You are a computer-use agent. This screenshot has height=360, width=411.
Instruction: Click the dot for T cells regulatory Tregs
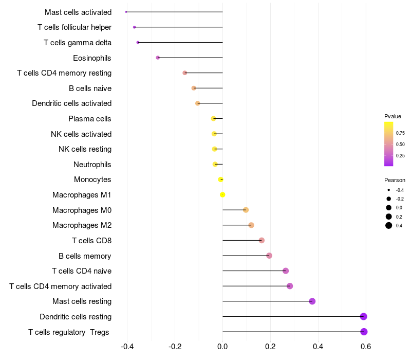coord(364,332)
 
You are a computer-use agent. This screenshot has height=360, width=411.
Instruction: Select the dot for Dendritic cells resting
coord(364,316)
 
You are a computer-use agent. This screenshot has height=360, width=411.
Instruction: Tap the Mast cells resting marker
coord(312,301)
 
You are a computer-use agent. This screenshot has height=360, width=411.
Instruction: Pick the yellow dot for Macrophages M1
coord(222,194)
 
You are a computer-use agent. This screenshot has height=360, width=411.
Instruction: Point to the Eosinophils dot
coord(158,58)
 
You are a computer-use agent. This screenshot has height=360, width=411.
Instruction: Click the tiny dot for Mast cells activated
coord(126,12)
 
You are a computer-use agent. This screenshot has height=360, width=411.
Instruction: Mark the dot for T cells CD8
coord(261,240)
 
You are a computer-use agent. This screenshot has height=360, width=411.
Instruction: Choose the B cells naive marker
coord(194,88)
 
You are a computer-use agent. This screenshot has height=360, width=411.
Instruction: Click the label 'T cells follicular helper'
coord(74,27)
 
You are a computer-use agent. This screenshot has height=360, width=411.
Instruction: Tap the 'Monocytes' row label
coord(92,179)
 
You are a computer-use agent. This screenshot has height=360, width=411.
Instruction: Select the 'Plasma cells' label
coord(90,119)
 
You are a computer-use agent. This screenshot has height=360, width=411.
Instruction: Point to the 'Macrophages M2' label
coord(82,225)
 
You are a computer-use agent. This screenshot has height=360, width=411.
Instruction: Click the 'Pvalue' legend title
coord(393,116)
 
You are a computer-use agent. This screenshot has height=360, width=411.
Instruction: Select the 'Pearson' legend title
coord(395,180)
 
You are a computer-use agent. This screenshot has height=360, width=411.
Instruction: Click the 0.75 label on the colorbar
coord(400,133)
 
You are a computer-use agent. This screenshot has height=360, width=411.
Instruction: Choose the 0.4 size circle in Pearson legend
coord(389,225)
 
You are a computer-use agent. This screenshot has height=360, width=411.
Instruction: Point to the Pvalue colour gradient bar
coord(389,144)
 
